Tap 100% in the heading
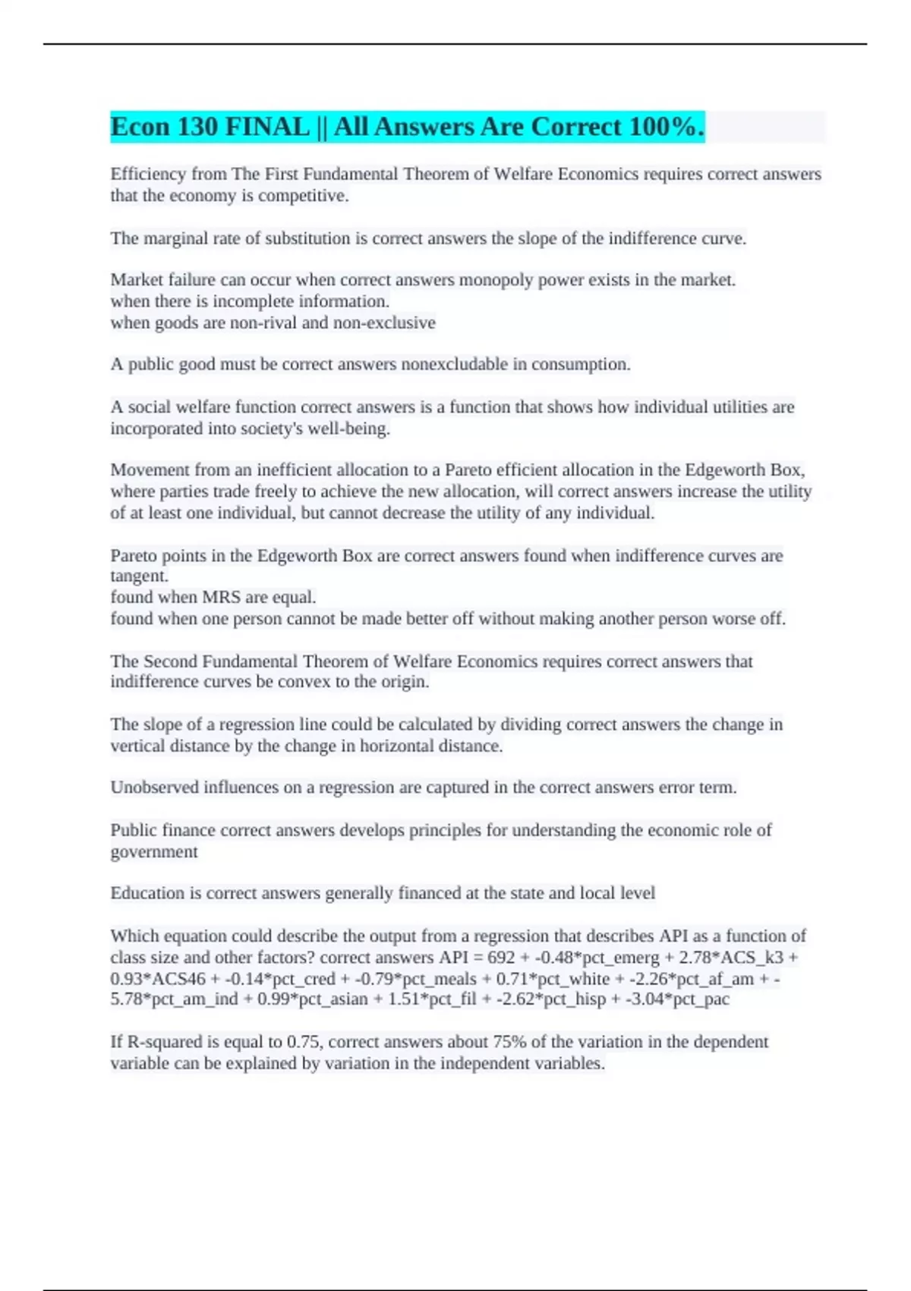(662, 127)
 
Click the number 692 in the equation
(501, 958)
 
